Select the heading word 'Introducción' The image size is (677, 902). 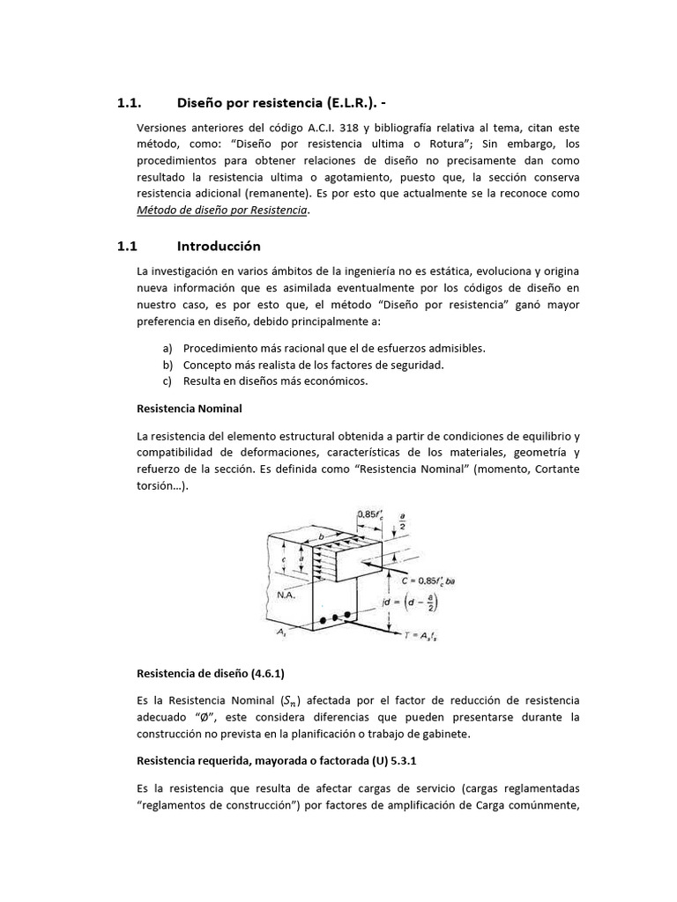[219, 246]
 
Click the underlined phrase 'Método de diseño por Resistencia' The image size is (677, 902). [222, 210]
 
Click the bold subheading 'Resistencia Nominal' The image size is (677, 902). [190, 409]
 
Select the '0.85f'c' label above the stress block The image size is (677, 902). [370, 514]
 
